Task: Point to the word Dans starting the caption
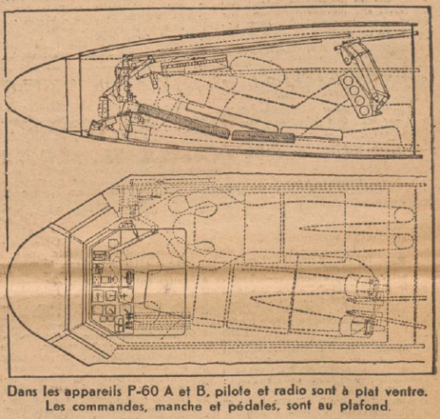(x=24, y=392)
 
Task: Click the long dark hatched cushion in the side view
(x=183, y=121)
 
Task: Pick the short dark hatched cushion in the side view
(x=263, y=136)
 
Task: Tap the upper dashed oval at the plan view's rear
(x=404, y=213)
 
